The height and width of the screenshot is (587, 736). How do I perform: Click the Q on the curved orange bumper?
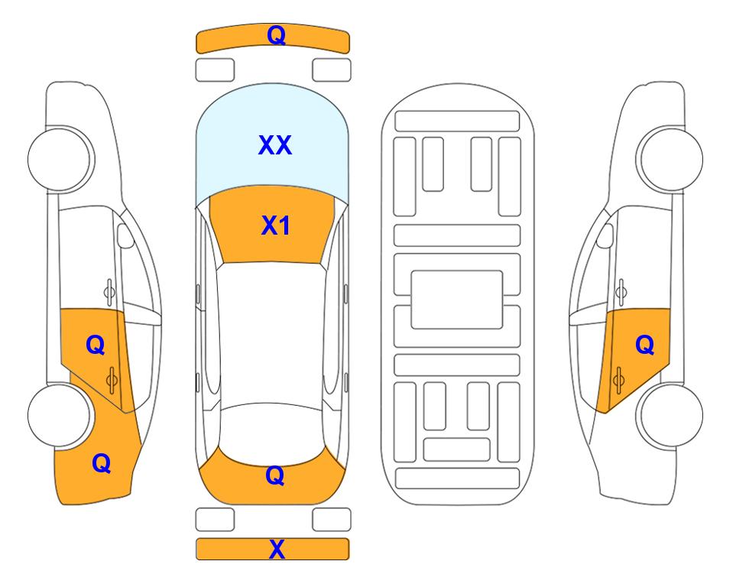[277, 35]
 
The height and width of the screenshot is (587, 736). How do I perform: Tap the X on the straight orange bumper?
[277, 550]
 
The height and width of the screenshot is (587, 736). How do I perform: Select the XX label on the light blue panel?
[275, 145]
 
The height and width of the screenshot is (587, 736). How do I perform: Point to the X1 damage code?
[276, 225]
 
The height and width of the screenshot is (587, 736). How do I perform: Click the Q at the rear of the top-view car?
[275, 475]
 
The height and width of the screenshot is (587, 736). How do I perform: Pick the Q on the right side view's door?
[645, 345]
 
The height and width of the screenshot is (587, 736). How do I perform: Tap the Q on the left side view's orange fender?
[102, 463]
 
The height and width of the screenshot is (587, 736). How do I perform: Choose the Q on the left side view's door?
[96, 345]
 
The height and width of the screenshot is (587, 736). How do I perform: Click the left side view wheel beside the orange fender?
[59, 416]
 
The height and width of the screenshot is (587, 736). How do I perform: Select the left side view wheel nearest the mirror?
[60, 159]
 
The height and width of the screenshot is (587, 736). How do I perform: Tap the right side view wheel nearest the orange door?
[672, 416]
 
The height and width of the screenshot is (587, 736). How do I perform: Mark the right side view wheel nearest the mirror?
[671, 159]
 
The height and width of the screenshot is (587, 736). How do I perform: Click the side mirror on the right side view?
[605, 235]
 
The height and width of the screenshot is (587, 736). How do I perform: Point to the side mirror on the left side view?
[125, 235]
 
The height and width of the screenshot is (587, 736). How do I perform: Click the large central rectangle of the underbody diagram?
[457, 300]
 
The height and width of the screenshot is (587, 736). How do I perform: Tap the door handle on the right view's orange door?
[618, 380]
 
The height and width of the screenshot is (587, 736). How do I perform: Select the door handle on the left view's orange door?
[112, 380]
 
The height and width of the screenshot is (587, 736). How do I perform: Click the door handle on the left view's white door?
[109, 292]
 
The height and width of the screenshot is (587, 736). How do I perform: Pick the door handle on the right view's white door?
[621, 292]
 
